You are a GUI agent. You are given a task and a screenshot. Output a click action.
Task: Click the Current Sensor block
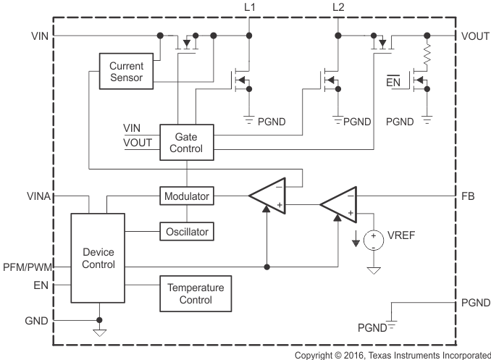[127, 71]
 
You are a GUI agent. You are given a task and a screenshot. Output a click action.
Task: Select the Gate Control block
[187, 143]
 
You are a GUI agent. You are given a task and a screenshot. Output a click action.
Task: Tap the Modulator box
[187, 196]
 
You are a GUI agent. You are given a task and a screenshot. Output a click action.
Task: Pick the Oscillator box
[187, 232]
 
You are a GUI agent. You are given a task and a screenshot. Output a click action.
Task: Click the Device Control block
[98, 259]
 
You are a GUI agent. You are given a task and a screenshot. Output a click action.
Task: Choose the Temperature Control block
[196, 293]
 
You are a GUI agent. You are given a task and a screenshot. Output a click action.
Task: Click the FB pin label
[469, 196]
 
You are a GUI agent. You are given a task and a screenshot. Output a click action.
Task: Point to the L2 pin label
[338, 7]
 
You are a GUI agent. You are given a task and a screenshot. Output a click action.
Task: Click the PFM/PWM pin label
[28, 267]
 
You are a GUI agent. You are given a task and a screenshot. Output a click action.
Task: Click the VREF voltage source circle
[374, 240]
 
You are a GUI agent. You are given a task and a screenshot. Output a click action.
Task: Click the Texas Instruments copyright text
[393, 354]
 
